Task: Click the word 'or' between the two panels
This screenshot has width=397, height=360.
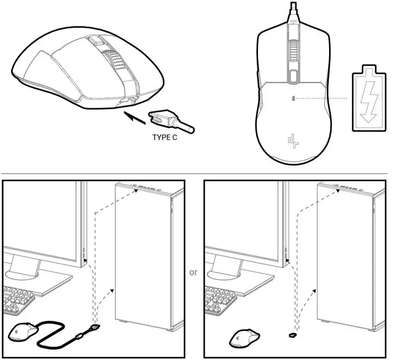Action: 193,272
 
